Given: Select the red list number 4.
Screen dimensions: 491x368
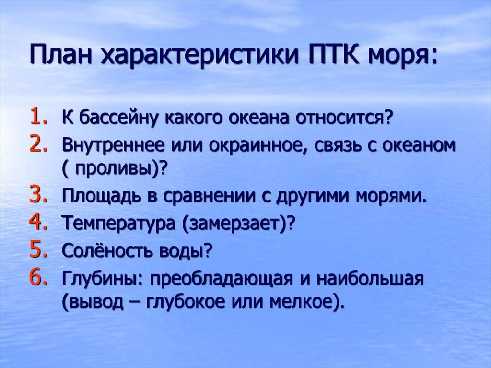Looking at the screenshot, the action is pyautogui.click(x=39, y=221).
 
